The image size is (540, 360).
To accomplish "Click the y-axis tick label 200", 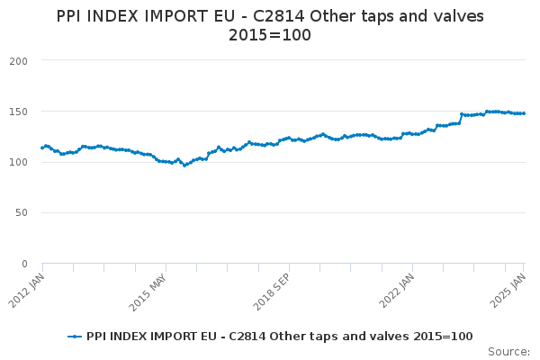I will (19, 61).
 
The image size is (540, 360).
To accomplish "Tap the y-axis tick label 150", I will (19, 112).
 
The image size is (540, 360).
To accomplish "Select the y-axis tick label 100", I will (19, 163).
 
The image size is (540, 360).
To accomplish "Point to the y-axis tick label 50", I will (22, 213).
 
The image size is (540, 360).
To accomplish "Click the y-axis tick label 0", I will (25, 264).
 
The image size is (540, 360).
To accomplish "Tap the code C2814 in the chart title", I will (299, 16).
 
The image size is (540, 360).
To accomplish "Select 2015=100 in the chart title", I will (270, 35).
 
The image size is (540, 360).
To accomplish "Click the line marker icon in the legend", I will (75, 337).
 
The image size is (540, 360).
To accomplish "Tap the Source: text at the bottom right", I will (508, 351).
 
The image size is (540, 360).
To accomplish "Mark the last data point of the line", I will (524, 113).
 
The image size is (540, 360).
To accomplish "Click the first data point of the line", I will (42, 148).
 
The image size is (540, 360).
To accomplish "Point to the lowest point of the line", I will (184, 166).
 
